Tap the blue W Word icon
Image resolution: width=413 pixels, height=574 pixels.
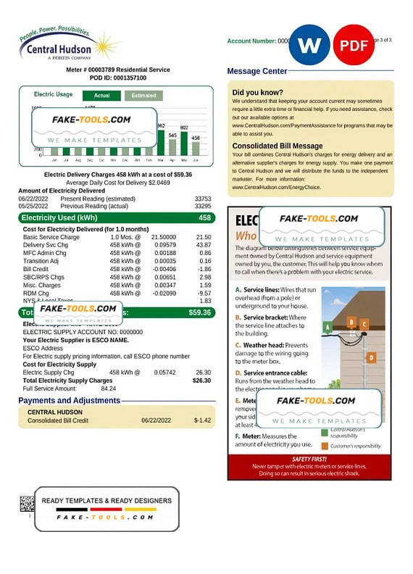point(309,45)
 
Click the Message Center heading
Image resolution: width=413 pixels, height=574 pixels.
point(257,71)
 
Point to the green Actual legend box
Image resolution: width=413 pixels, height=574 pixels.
point(101,95)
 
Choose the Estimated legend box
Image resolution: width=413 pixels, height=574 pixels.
point(143,95)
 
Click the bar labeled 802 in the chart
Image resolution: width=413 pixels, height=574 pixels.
point(184,145)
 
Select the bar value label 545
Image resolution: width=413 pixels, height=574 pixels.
point(172,135)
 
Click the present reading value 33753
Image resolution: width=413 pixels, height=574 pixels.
point(203,199)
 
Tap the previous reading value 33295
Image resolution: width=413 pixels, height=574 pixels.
point(203,206)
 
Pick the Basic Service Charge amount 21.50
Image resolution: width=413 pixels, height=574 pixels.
point(204,237)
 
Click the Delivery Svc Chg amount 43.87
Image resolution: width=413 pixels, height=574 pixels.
point(204,245)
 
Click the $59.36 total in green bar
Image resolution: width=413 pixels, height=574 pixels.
point(199,312)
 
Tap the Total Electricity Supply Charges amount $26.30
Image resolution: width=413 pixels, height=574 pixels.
point(201,380)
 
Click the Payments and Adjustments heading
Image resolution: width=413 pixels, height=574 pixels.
point(69,400)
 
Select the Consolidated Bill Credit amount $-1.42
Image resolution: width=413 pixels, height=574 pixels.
point(202,420)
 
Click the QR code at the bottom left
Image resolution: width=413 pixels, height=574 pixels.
point(27,504)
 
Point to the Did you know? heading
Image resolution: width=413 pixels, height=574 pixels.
point(257,93)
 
